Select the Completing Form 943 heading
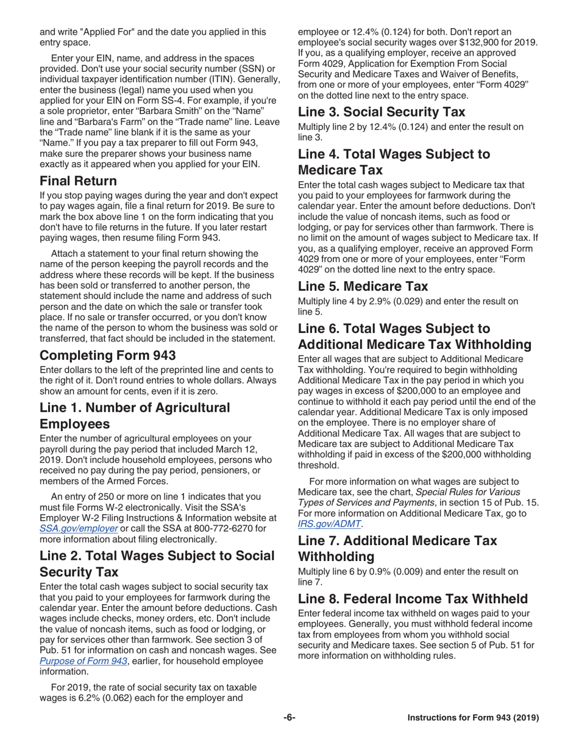click(x=107, y=355)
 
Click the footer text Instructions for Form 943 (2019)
click(x=472, y=718)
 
